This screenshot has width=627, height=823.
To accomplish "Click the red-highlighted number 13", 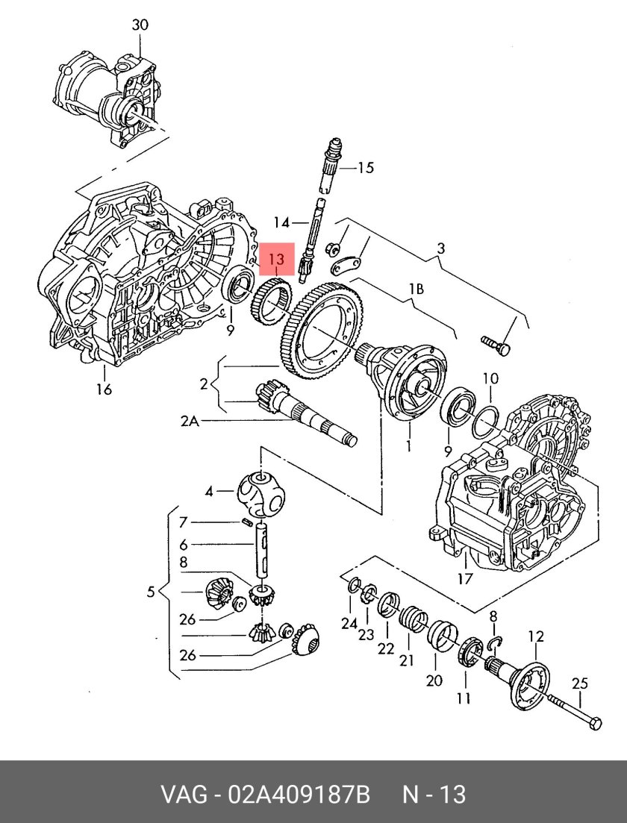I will [277, 260].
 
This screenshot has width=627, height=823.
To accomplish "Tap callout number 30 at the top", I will [140, 25].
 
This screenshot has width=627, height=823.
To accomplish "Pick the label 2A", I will [190, 422].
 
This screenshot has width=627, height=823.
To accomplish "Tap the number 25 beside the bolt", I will [580, 683].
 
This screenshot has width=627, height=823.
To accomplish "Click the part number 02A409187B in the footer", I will [296, 795].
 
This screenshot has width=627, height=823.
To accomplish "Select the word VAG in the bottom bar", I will [185, 795].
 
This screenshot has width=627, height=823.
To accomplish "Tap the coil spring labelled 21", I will [413, 619].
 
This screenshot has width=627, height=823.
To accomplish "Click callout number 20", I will [434, 680].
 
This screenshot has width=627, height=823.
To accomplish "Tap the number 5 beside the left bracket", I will [151, 592].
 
